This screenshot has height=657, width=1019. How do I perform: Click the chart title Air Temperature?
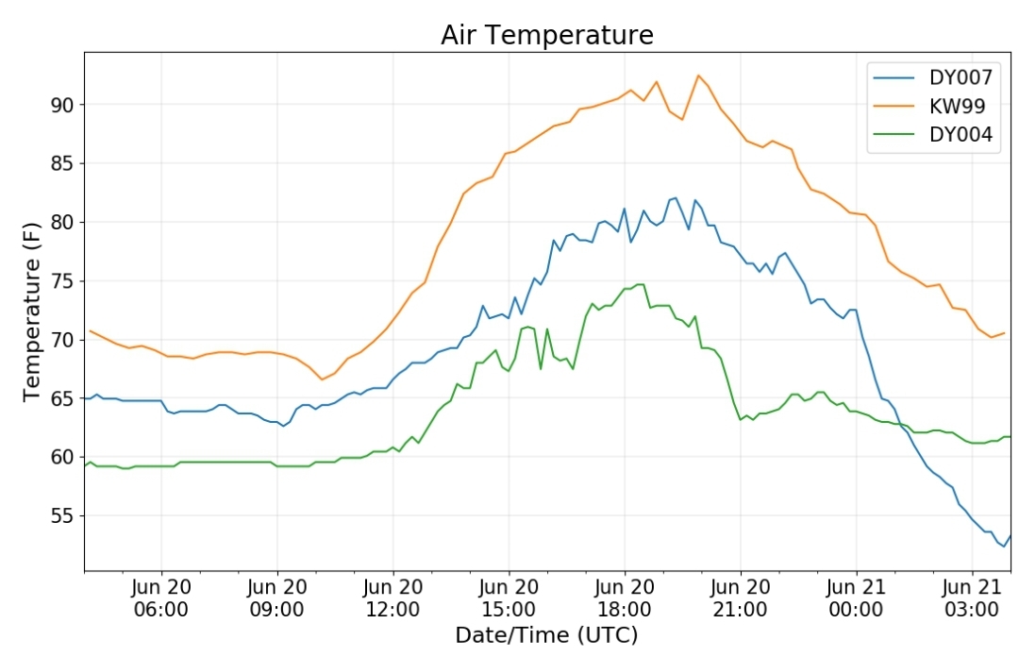[x=546, y=35]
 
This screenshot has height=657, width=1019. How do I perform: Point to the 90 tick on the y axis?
[x=62, y=105]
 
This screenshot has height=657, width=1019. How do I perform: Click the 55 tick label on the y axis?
[x=62, y=515]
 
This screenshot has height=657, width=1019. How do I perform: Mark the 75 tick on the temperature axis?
[x=62, y=281]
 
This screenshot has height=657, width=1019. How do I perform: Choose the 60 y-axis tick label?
[x=62, y=457]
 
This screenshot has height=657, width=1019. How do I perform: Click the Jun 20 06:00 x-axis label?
[x=161, y=598]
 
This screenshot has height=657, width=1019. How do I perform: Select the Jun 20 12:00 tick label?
[x=393, y=598]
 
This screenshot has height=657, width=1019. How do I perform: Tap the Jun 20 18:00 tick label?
[x=625, y=598]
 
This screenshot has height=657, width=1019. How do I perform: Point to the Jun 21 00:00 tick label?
[x=856, y=598]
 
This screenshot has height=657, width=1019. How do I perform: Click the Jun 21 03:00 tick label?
[x=972, y=598]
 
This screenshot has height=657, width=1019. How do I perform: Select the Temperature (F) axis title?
[x=32, y=312]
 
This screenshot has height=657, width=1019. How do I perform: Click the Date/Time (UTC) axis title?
[x=546, y=635]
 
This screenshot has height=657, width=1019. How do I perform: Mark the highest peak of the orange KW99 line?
[x=698, y=75]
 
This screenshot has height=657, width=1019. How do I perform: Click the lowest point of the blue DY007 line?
[x=1004, y=547]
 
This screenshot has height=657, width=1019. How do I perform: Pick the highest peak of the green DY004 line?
[x=640, y=284]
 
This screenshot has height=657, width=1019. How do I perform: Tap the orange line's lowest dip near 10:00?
[x=321, y=379]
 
